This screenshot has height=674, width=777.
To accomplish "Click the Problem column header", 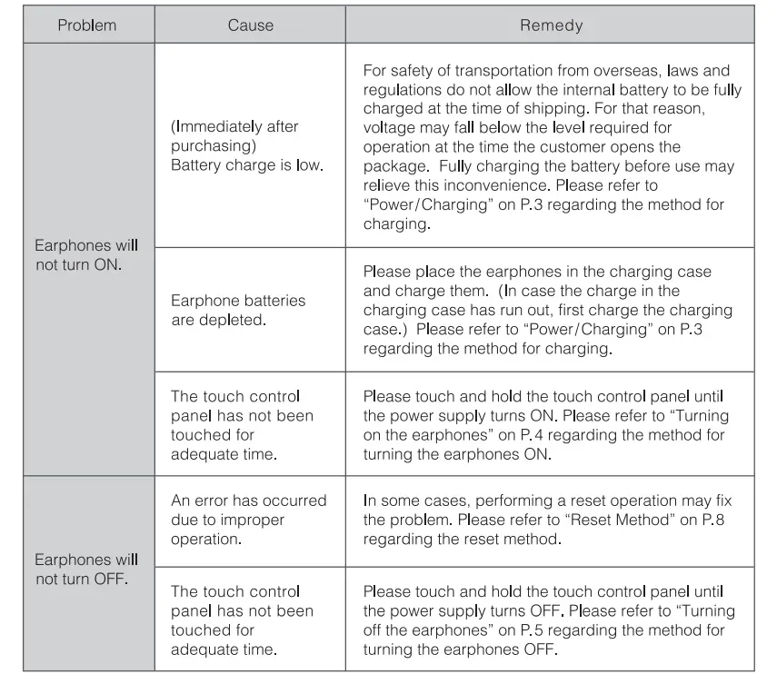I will (87, 25).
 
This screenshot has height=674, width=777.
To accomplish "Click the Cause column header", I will (250, 25).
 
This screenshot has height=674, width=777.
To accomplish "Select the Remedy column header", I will (551, 25).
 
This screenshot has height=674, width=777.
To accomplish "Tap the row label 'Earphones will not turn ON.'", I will (86, 255).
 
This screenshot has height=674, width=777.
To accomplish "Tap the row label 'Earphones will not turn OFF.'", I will (86, 570).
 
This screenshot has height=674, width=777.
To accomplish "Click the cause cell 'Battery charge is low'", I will (246, 165).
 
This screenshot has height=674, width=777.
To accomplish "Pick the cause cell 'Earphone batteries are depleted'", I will (238, 310).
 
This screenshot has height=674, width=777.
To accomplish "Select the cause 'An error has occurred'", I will (248, 501).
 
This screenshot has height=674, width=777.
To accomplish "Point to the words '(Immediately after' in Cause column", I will (234, 127).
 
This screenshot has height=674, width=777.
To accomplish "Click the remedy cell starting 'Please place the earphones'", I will (549, 310).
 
